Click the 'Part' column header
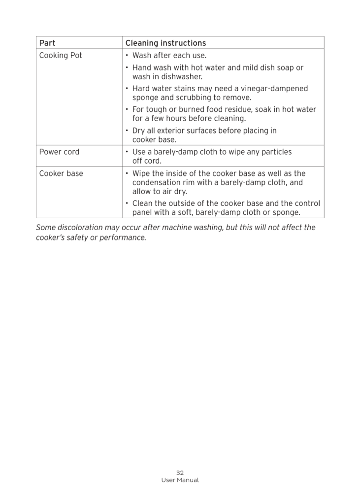(47, 43)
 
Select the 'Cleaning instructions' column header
(165, 43)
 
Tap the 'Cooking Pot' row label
(61, 56)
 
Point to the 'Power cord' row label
(59, 152)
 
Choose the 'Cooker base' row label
(61, 173)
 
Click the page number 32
(180, 472)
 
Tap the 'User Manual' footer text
(180, 480)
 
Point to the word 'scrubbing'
(195, 98)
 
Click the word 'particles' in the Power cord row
(276, 152)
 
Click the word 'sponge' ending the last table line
(286, 213)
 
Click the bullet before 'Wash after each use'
(127, 56)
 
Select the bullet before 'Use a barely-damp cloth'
(127, 152)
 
